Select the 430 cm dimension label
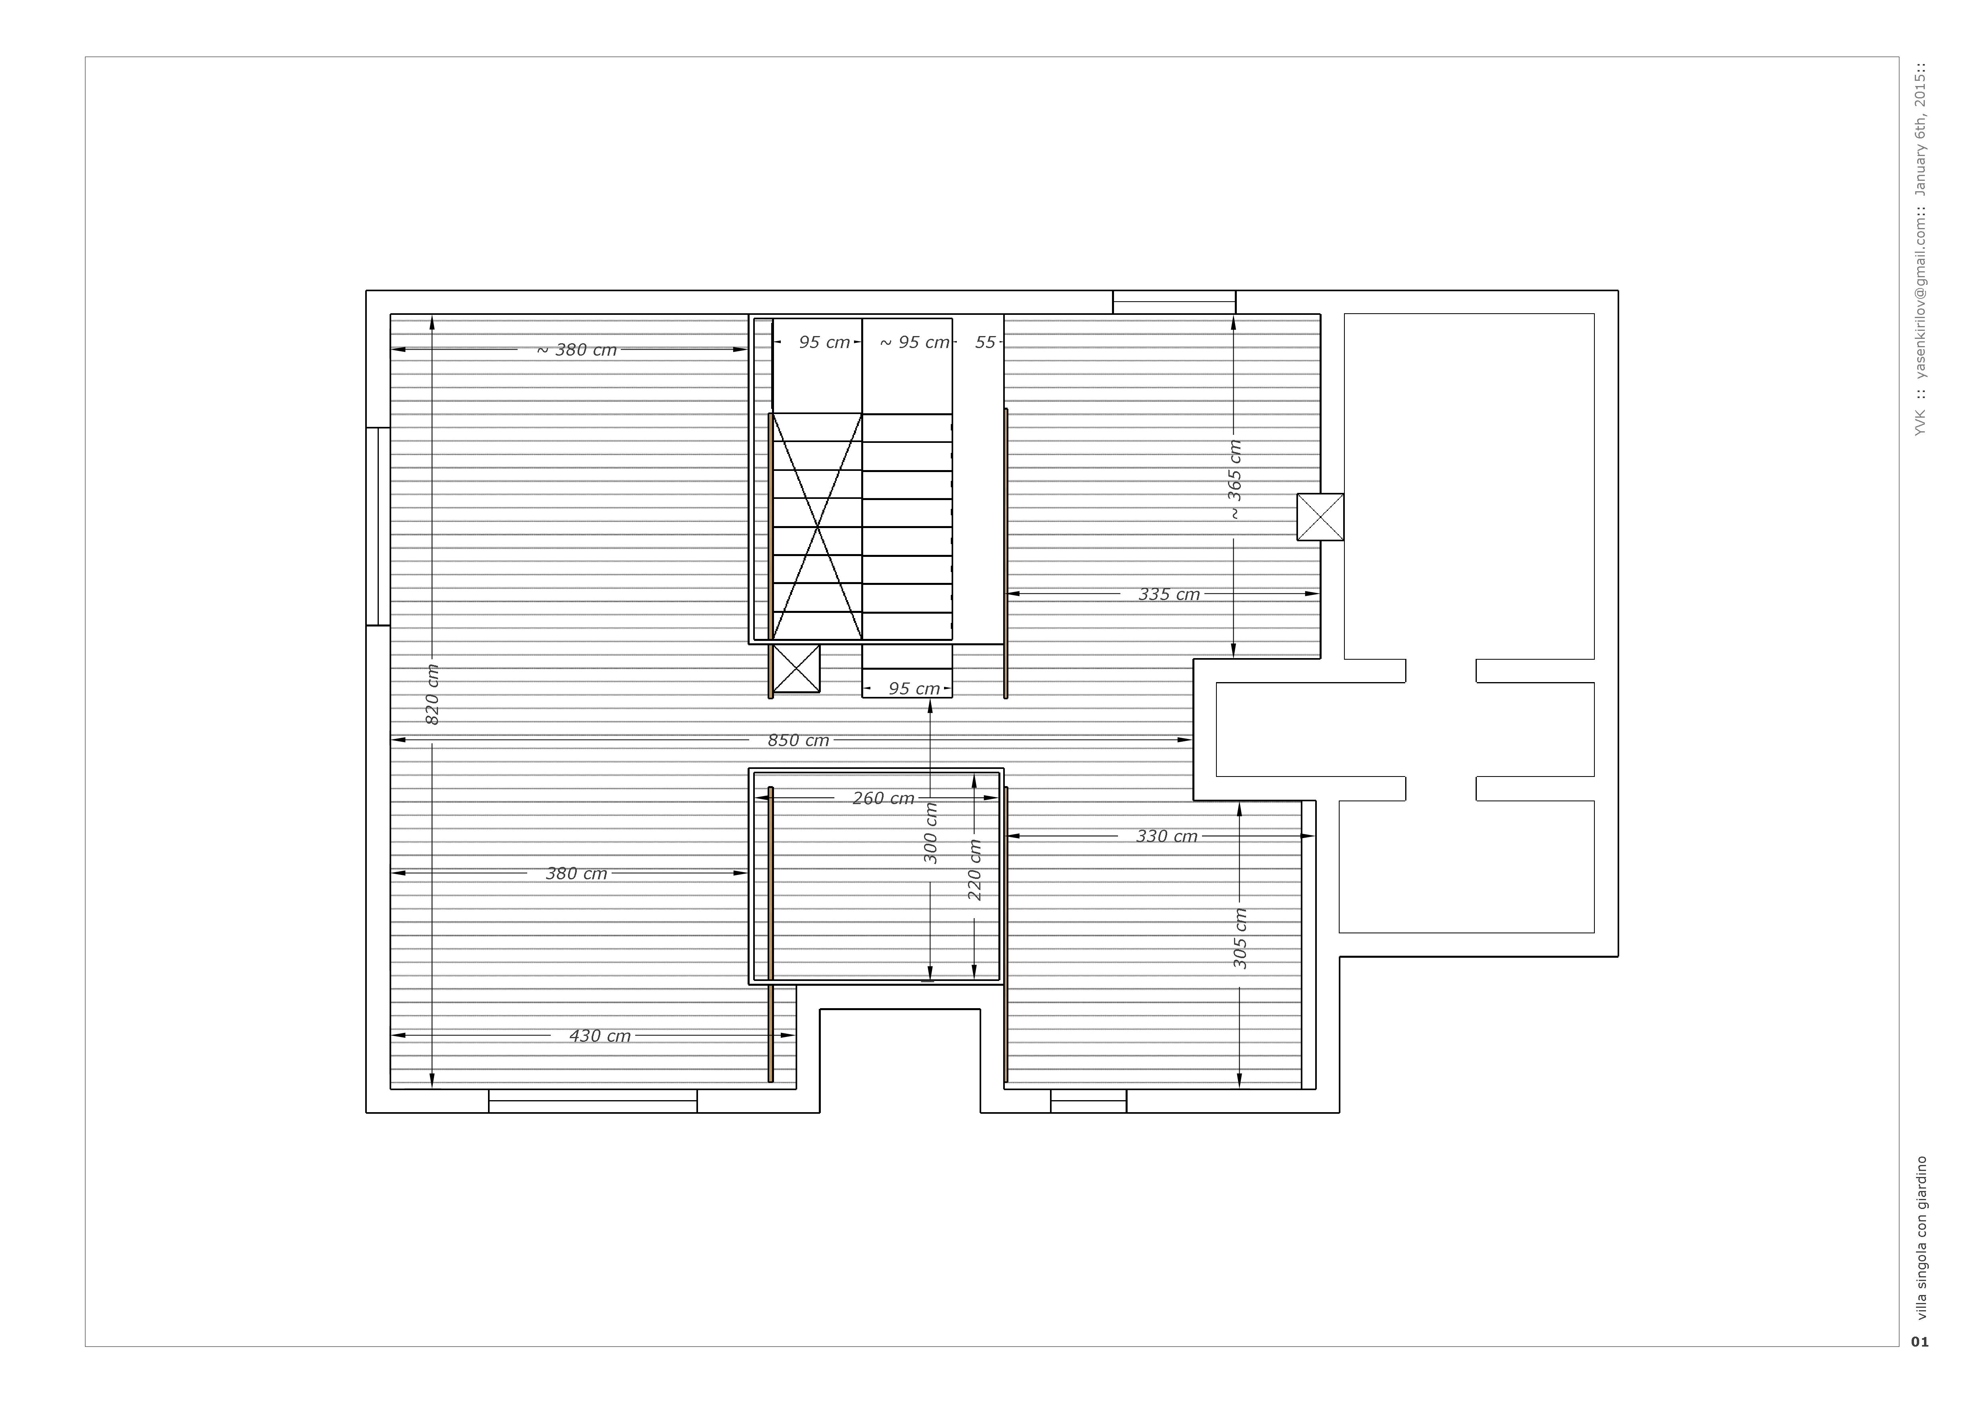(600, 1036)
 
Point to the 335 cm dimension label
(1169, 594)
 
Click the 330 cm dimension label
(1166, 836)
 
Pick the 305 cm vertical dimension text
(1240, 938)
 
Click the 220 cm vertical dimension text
(975, 870)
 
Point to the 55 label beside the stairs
(985, 342)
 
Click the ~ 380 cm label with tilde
(576, 349)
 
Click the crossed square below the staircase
(796, 668)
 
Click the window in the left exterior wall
(378, 526)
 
